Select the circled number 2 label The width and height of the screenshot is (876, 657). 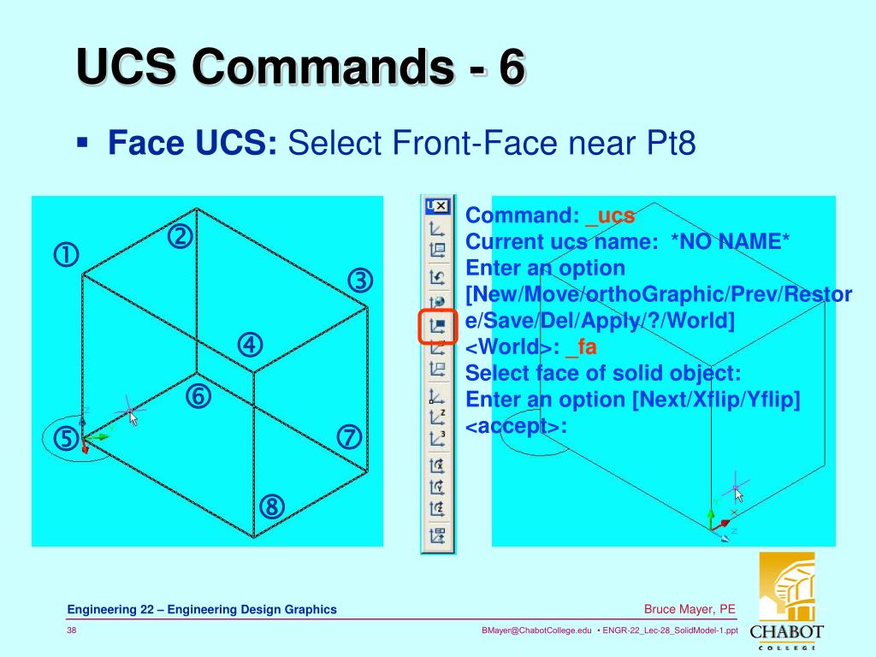click(179, 236)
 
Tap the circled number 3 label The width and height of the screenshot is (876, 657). click(360, 281)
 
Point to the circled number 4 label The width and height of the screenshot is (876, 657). click(250, 345)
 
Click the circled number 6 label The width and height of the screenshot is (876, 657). click(197, 397)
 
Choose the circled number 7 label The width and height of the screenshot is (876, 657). click(349, 437)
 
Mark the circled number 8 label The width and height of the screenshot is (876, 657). click(272, 507)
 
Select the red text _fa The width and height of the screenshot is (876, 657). click(586, 346)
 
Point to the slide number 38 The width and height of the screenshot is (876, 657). click(73, 631)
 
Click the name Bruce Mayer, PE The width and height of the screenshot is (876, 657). click(690, 609)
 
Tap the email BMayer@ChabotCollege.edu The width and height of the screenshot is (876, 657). click(536, 631)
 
